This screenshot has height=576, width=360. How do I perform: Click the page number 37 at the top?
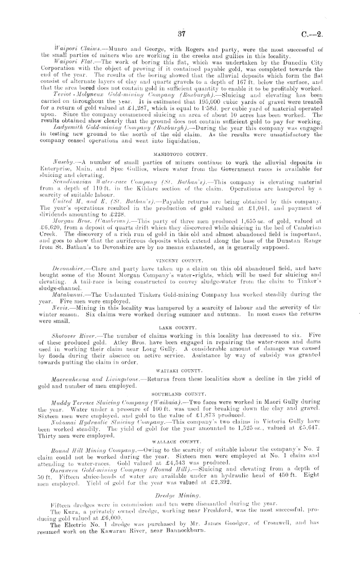point(181,34)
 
